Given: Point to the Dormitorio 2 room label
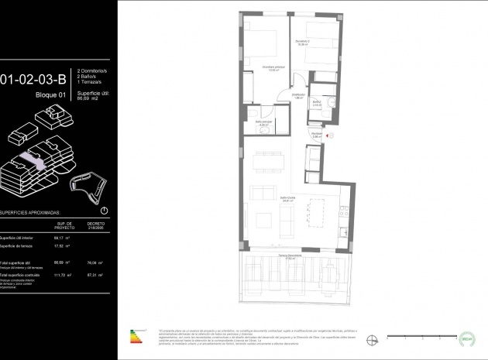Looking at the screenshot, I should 303,42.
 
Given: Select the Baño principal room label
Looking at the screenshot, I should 264,123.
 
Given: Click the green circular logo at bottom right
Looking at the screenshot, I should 466,336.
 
